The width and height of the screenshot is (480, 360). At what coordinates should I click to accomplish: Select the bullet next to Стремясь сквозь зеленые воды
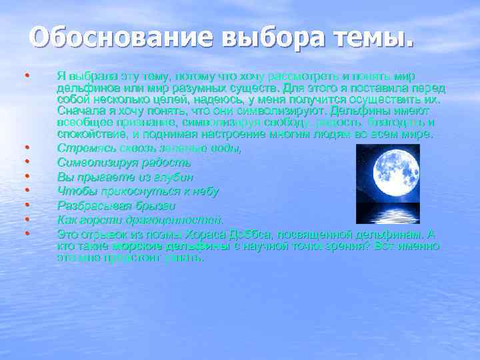tap(27, 147)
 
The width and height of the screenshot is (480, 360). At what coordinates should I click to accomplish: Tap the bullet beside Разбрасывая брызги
tap(27, 205)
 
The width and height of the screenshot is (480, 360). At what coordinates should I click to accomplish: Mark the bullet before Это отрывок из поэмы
tap(27, 234)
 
